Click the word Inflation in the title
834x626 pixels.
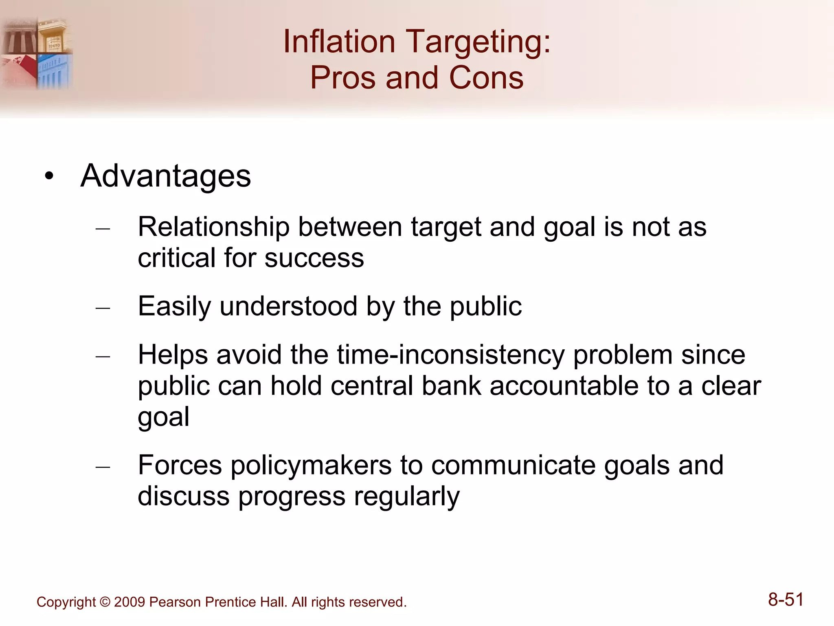[x=339, y=42]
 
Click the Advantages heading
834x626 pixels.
[x=165, y=176]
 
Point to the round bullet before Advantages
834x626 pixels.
[x=49, y=176]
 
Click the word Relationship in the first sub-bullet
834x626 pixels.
[x=213, y=227]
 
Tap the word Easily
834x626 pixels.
[x=174, y=306]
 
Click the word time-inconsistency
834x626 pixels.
[x=451, y=355]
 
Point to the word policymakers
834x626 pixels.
[x=311, y=465]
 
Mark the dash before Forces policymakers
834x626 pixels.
[x=103, y=467]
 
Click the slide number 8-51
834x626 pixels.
[x=786, y=600]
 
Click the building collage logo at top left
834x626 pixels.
[x=37, y=53]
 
